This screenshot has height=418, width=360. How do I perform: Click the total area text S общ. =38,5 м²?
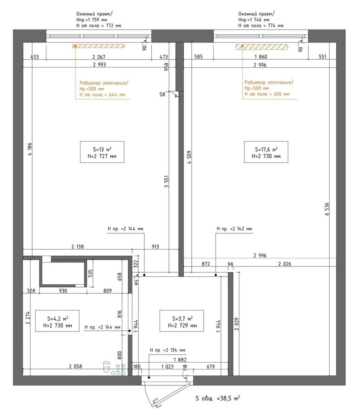pos(218,398)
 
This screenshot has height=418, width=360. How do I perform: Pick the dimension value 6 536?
pos(327,209)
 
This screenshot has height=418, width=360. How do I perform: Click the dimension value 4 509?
pos(189,157)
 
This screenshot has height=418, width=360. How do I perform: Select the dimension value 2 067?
pos(99,57)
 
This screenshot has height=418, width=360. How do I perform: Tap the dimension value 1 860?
pos(261,57)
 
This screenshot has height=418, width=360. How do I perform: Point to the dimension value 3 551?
pos(166,181)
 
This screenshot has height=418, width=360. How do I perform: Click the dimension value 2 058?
pos(75,366)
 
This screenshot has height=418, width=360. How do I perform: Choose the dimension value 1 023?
pos(167,367)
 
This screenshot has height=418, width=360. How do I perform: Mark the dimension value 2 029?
pos(237,324)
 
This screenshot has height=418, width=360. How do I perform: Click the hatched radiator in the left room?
pos(99,46)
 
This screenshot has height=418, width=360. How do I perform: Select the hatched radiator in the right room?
pos(262,47)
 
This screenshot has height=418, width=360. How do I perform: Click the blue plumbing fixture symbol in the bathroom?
pos(114,368)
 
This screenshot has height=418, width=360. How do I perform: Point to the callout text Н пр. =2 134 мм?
pos(167,350)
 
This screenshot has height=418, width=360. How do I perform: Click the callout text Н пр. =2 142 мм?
pos(234,229)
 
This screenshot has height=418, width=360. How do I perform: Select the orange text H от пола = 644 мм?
pos(102,95)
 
